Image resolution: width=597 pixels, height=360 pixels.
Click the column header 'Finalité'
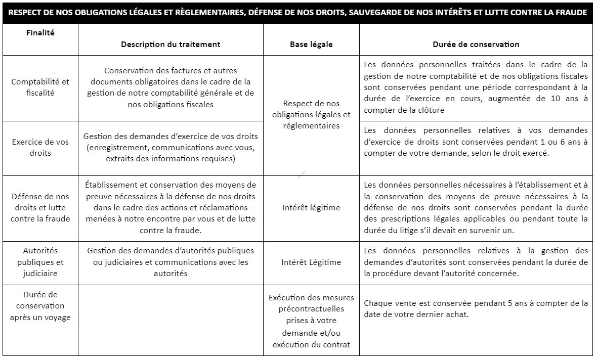pos(40,33)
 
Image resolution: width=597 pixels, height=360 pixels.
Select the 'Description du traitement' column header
pos(170,44)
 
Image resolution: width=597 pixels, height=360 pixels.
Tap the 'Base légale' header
pos(311,44)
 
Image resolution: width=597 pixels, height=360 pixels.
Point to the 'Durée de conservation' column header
pos(476,44)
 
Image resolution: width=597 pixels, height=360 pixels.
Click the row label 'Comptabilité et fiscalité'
pos(40,87)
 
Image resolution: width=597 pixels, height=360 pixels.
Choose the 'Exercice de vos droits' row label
pos(40,147)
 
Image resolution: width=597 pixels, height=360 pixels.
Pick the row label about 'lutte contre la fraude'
pos(40,207)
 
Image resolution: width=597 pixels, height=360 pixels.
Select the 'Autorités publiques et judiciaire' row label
pos(40,262)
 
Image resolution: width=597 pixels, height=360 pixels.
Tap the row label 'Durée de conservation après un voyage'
pos(40,305)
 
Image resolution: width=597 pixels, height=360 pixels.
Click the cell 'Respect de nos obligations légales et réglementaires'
pos(311,114)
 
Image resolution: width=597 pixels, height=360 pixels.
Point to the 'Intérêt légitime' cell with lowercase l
pos(311,207)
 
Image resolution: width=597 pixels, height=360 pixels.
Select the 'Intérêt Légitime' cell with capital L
pos(311,262)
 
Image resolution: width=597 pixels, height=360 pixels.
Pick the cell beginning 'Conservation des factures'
pos(170,87)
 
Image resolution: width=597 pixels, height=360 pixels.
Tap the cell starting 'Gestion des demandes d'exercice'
pos(170,147)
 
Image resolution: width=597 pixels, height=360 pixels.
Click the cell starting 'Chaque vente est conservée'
pos(476,308)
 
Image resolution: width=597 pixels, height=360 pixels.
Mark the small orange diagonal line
pos(302,175)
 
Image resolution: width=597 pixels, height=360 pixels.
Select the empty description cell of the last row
pos(170,320)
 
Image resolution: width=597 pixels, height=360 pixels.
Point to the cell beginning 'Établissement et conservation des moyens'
pos(170,207)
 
